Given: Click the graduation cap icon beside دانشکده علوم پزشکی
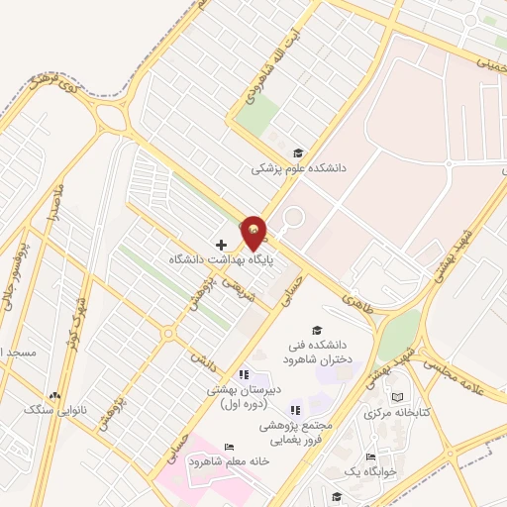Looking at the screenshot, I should point(298,152).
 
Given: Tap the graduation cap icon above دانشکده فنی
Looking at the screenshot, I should point(317,331).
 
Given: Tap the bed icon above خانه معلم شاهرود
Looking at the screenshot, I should point(229,448).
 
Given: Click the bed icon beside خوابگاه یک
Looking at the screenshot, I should point(370,456).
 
